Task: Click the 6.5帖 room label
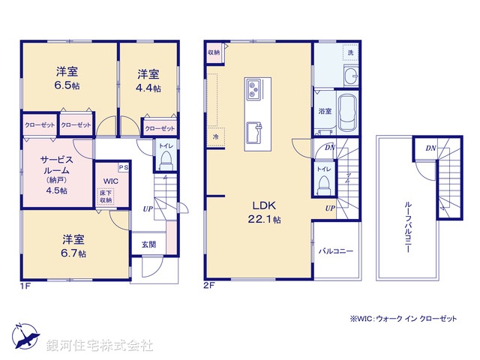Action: click(67, 79)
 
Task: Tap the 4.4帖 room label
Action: click(148, 80)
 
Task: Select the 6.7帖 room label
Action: click(73, 247)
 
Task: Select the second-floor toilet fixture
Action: click(323, 182)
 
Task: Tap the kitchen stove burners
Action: click(253, 90)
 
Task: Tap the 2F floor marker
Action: click(209, 285)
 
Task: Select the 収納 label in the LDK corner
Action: click(214, 52)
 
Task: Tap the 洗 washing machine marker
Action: click(349, 52)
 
